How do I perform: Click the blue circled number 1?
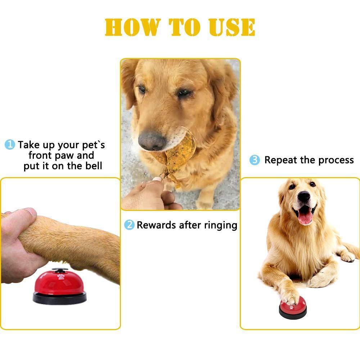coord(9,145)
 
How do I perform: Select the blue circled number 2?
coord(129,225)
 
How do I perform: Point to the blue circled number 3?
coord(255,160)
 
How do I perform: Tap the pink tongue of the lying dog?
coord(305,217)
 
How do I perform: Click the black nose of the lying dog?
coord(303,196)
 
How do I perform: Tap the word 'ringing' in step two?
coord(221,226)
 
